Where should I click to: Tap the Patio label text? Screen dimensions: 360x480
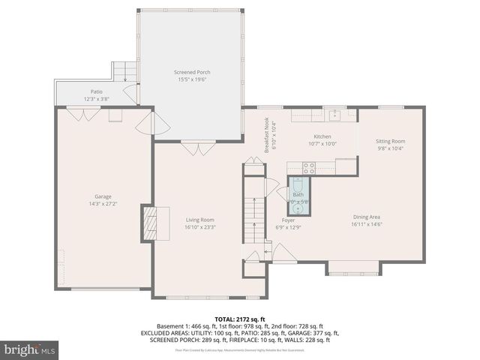96,91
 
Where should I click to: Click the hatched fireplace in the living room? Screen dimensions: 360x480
149,223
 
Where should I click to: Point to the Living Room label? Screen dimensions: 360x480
200,220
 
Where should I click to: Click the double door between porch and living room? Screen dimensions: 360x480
197,150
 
